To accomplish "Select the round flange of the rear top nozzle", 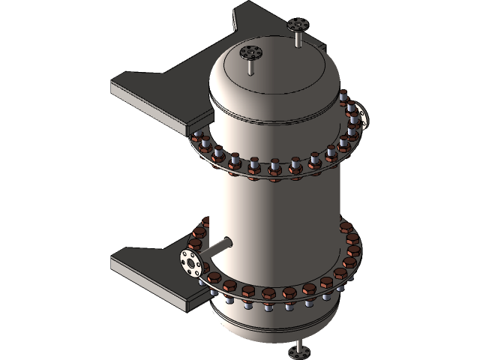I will (298, 25).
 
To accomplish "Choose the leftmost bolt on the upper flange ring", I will (198, 138).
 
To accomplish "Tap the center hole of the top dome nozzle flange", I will (250, 52).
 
